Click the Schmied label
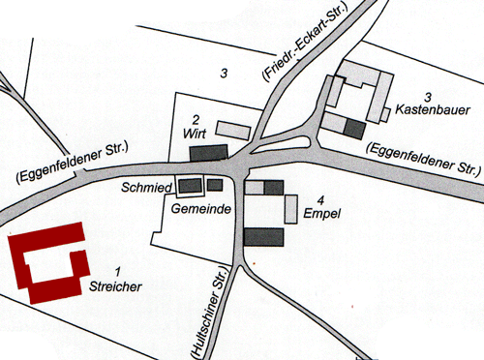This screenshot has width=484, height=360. click(144, 186)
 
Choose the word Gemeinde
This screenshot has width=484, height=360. click(197, 208)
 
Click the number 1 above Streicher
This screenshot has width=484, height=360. click(118, 271)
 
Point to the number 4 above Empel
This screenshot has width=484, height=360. click(318, 198)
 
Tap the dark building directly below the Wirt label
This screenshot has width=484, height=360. click(208, 152)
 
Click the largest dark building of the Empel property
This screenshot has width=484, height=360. click(264, 236)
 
